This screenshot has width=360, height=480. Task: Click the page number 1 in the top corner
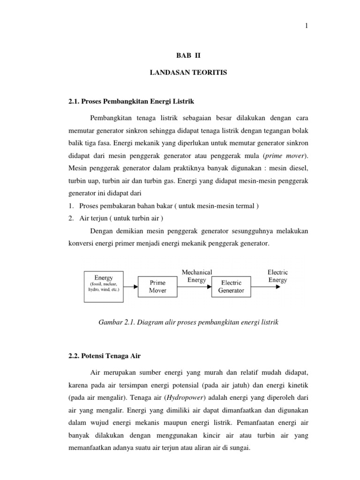point(306,26)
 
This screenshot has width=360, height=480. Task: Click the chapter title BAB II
point(180,55)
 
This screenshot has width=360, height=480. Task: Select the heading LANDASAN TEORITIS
point(180,74)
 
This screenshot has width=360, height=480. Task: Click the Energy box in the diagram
point(104,284)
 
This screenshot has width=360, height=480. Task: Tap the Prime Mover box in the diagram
point(157,286)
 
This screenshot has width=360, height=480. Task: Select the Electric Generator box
point(231,286)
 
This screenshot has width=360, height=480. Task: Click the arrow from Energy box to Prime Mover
point(131,286)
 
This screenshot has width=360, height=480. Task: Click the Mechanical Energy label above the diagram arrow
point(196,276)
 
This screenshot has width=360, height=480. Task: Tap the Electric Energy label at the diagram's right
point(277,276)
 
